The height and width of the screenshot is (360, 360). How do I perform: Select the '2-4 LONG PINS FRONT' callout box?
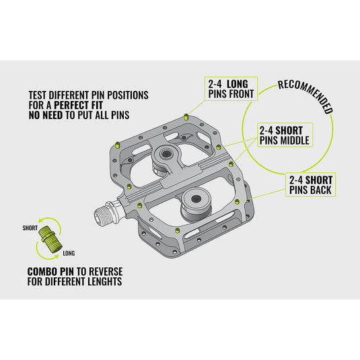point(231,88)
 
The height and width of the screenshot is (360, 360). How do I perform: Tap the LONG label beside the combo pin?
point(69,253)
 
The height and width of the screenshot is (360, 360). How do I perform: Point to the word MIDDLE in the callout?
point(293,141)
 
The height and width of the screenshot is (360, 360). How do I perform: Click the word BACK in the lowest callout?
point(322,190)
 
